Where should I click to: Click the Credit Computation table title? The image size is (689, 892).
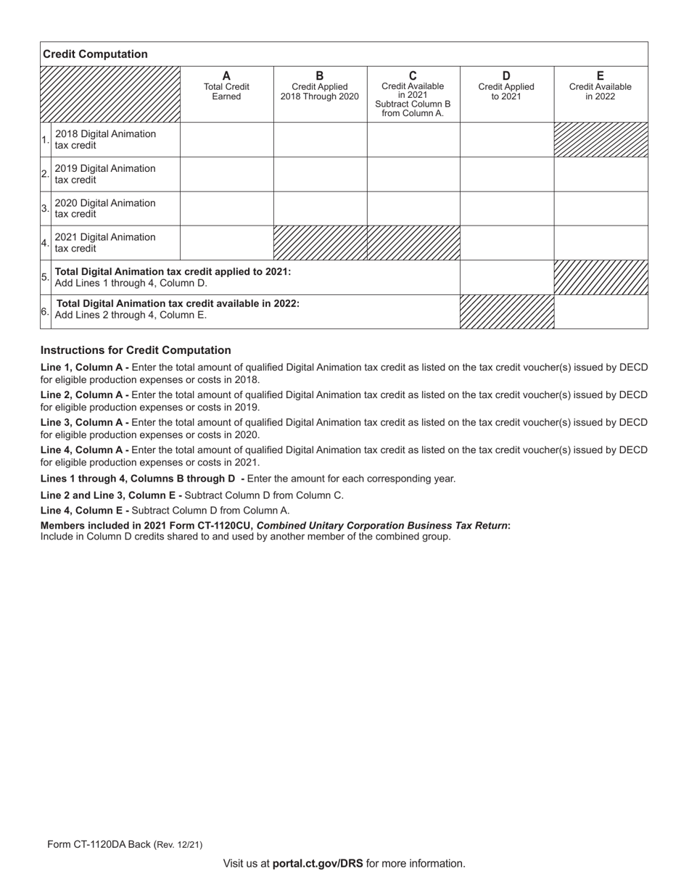pyautogui.click(x=95, y=54)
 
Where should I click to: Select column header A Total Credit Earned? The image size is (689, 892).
pyautogui.click(x=226, y=86)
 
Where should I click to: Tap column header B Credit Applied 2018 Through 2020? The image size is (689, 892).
pyautogui.click(x=320, y=86)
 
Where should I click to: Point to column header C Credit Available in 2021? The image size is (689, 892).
pyautogui.click(x=413, y=94)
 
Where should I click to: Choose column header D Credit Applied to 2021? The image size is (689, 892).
pyautogui.click(x=506, y=86)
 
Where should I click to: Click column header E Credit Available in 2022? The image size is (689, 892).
pyautogui.click(x=600, y=86)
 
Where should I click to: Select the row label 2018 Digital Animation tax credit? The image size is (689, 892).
pyautogui.click(x=105, y=139)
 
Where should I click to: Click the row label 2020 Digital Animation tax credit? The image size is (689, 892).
pyautogui.click(x=105, y=208)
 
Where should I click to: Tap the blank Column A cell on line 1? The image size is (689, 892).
pyautogui.click(x=226, y=139)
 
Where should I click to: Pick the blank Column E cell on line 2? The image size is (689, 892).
pyautogui.click(x=601, y=174)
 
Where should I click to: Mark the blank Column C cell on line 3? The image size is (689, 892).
pyautogui.click(x=413, y=208)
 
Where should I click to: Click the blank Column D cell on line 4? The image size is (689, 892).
pyautogui.click(x=507, y=243)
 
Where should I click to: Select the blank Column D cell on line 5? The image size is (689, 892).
pyautogui.click(x=507, y=277)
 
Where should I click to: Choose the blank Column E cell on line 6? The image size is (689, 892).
pyautogui.click(x=601, y=312)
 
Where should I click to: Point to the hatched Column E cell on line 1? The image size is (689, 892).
pyautogui.click(x=601, y=139)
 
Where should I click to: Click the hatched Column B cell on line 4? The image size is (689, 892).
pyautogui.click(x=320, y=243)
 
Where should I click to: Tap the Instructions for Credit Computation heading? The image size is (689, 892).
pyautogui.click(x=136, y=350)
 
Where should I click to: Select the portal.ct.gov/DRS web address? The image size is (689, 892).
pyautogui.click(x=318, y=863)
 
